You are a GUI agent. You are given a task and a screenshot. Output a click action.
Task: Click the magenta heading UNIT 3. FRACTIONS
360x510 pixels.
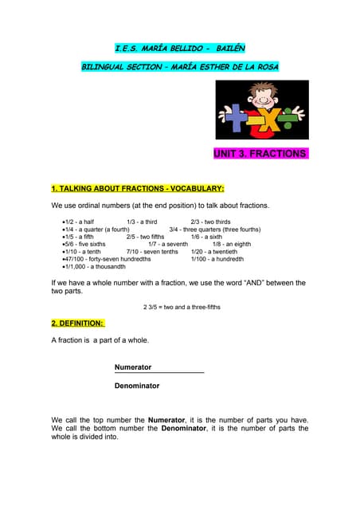pos(260,153)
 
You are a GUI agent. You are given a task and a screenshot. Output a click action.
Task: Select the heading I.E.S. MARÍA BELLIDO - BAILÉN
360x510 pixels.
pos(179,49)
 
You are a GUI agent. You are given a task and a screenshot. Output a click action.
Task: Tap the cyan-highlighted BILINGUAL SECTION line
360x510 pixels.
pos(180,67)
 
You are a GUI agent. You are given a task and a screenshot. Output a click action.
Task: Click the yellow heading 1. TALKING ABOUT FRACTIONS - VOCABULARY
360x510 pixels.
pos(137,189)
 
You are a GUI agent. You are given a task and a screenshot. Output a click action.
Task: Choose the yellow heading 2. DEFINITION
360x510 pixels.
pos(77,324)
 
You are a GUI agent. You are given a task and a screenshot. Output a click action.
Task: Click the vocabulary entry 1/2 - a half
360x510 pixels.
pos(79,222)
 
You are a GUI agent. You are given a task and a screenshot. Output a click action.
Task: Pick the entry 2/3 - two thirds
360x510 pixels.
pos(210,222)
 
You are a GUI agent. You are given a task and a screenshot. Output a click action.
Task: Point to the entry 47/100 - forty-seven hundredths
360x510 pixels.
pos(107,259)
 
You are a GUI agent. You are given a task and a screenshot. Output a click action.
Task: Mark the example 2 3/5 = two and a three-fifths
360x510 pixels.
pos(182,307)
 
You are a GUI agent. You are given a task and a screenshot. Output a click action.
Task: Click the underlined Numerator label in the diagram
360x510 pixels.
pos(133,367)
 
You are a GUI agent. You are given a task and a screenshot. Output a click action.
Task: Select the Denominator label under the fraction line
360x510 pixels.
pos(137,386)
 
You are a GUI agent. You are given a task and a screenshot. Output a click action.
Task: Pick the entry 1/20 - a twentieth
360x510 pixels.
pos(214,251)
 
